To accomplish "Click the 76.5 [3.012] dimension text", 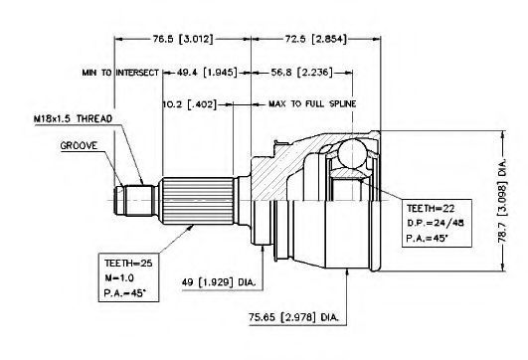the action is click(183, 39).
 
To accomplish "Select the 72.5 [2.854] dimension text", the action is click(315, 39).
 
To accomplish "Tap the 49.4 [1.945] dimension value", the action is click(207, 72).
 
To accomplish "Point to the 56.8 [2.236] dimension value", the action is click(301, 72).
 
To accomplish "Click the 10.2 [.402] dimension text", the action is click(190, 104).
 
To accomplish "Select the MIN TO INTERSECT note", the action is click(120, 73).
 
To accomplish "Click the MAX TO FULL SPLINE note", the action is click(312, 103).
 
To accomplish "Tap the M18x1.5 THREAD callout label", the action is click(73, 119).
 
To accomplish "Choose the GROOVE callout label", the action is click(79, 146).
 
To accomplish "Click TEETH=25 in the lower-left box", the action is click(128, 263).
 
